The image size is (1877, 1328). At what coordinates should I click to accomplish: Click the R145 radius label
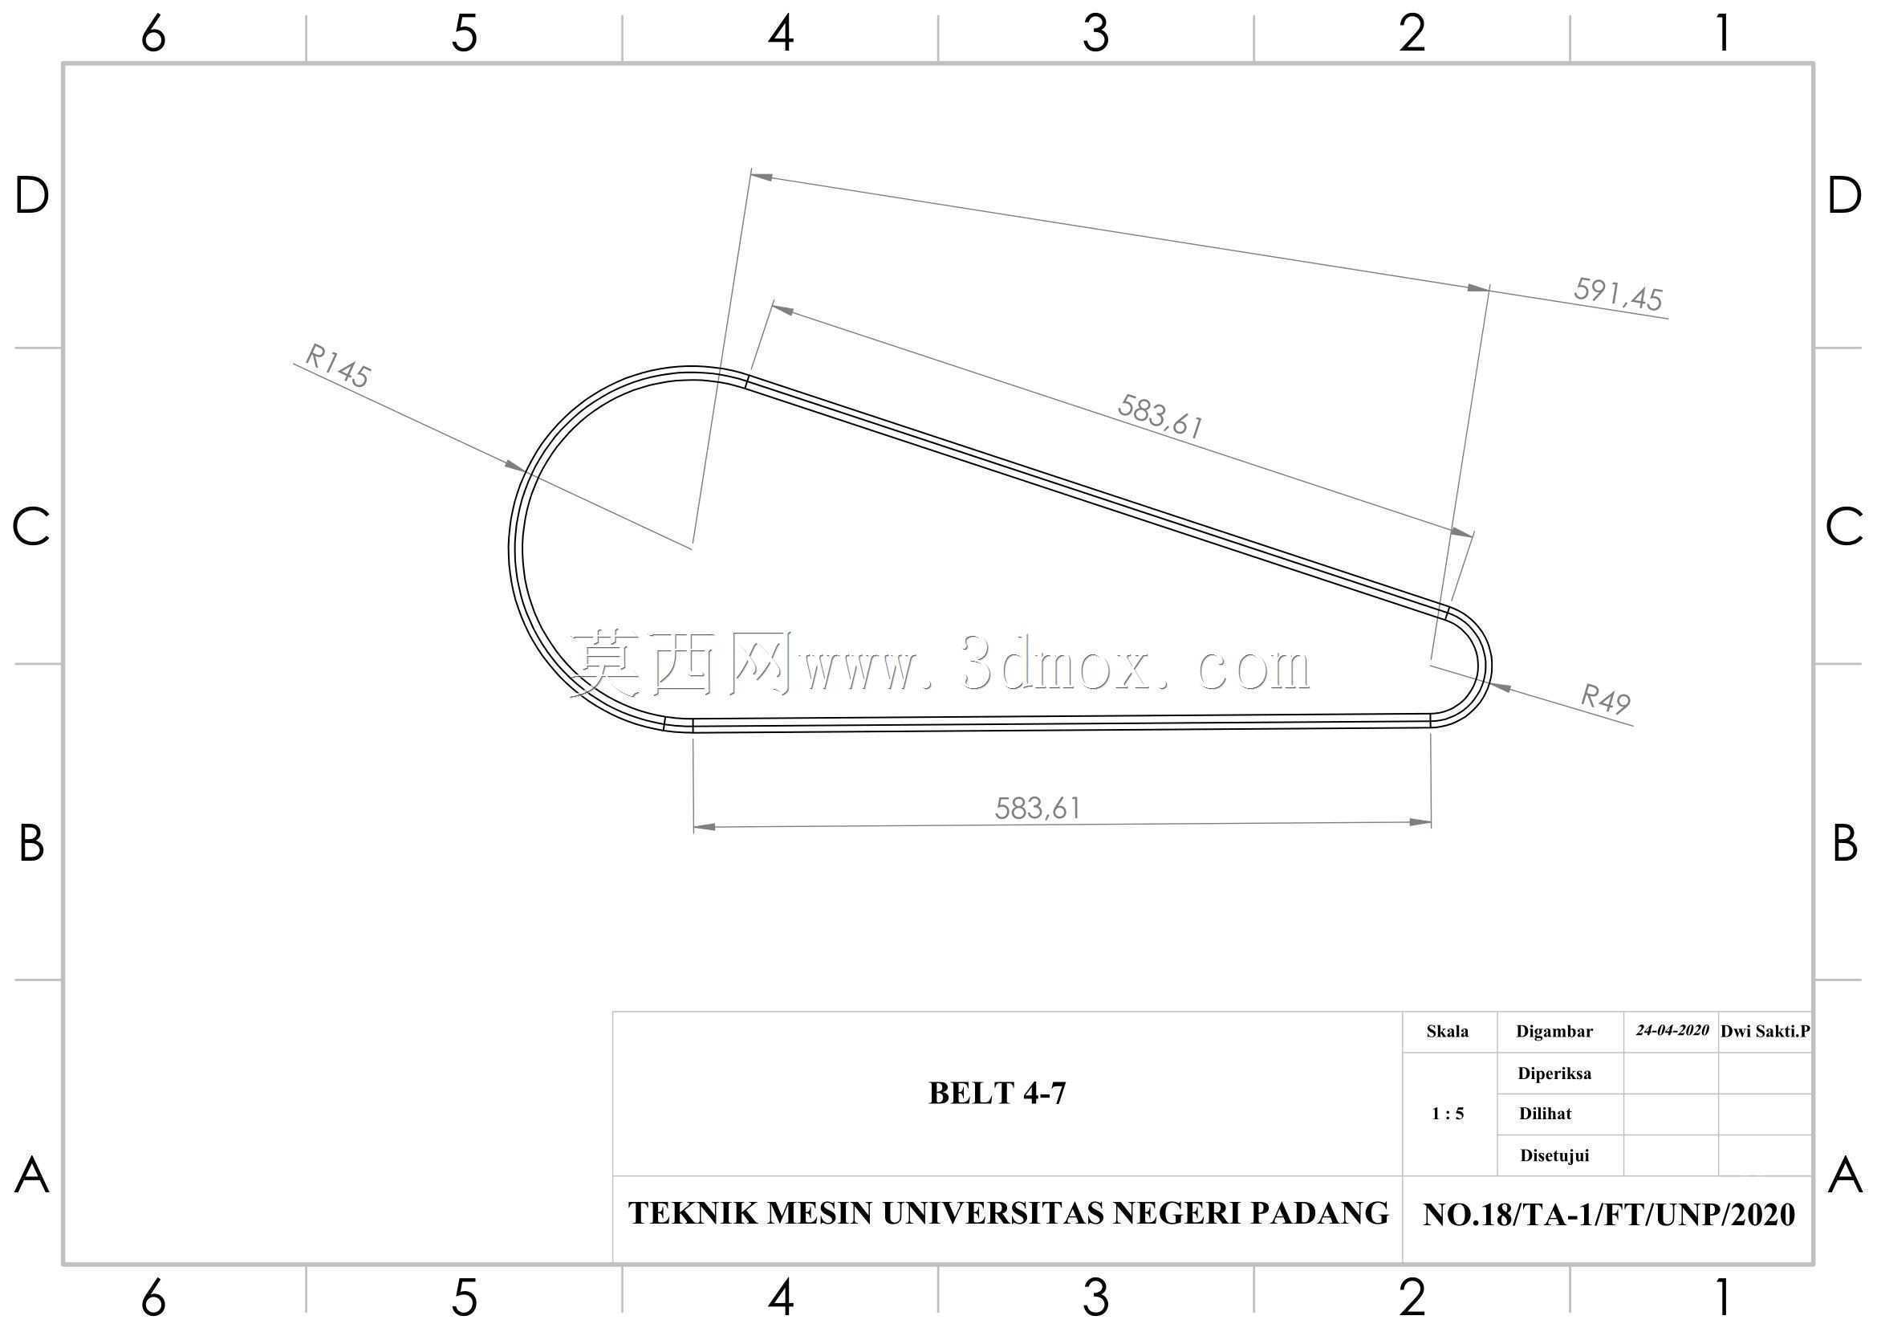pyautogui.click(x=338, y=365)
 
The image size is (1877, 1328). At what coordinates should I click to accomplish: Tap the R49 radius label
pyautogui.click(x=1606, y=699)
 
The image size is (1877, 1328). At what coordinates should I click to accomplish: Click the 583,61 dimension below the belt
pyautogui.click(x=1038, y=809)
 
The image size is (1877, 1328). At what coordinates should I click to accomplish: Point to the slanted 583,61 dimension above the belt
pyautogui.click(x=1160, y=416)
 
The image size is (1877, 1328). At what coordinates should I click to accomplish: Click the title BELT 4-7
pyautogui.click(x=997, y=1094)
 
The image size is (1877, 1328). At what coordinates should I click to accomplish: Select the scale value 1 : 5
pyautogui.click(x=1448, y=1114)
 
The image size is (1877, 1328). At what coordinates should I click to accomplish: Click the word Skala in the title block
pyautogui.click(x=1447, y=1032)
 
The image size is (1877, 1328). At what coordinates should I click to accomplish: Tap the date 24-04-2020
pyautogui.click(x=1672, y=1030)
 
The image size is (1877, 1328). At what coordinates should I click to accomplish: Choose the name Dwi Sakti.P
pyautogui.click(x=1765, y=1032)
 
